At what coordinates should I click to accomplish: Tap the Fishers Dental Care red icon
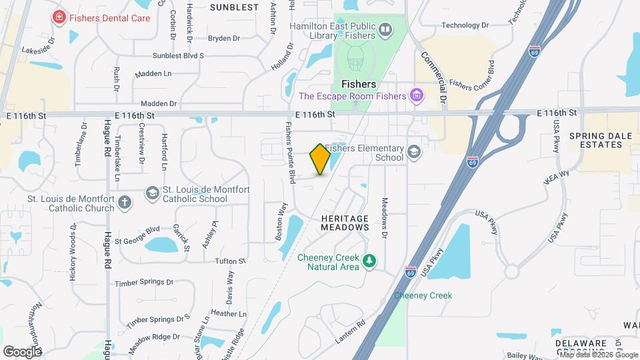59,17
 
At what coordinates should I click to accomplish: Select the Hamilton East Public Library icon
385,30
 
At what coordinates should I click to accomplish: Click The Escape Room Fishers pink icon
417,96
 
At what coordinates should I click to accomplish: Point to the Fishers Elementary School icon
414,152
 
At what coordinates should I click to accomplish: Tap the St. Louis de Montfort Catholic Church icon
125,203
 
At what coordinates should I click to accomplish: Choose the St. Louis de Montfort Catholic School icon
153,193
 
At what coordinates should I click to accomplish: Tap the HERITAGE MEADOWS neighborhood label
345,223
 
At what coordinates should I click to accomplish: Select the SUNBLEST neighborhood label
234,7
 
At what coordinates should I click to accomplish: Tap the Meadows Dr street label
385,217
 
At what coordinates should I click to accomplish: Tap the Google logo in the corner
22,351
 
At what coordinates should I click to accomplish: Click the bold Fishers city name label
359,85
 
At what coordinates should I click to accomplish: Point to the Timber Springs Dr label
144,283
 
